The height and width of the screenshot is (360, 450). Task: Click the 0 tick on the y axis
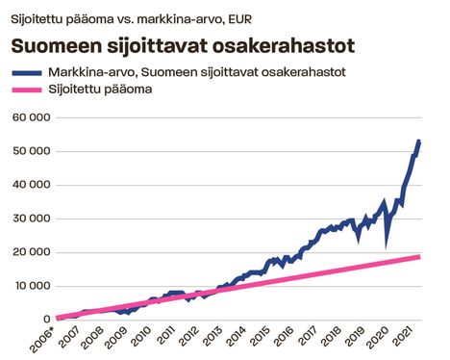44,320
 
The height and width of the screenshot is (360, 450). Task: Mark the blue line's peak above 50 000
418,142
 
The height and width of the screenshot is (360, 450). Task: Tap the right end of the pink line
419,256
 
